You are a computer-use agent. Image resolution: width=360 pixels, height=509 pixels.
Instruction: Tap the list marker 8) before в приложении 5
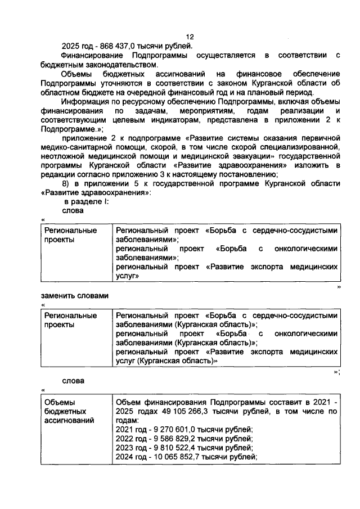pyautogui.click(x=66, y=184)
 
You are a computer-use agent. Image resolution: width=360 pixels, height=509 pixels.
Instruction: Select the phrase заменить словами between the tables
pyautogui.click(x=74, y=295)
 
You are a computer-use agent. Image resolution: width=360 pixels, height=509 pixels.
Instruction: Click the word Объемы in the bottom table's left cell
pyautogui.click(x=60, y=403)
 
